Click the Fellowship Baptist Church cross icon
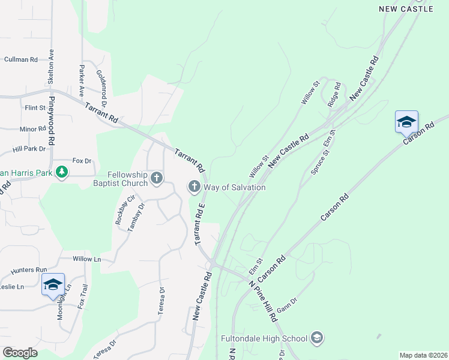(x=157, y=178)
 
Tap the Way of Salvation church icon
(x=194, y=187)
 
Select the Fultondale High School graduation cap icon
(x=316, y=338)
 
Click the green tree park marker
(x=61, y=173)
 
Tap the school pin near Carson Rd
(x=406, y=122)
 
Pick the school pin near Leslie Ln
(x=53, y=284)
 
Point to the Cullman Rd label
(x=21, y=59)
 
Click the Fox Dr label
(x=82, y=161)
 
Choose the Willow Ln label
(x=86, y=259)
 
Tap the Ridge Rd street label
(x=334, y=94)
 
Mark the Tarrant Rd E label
(x=199, y=223)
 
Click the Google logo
(x=20, y=353)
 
